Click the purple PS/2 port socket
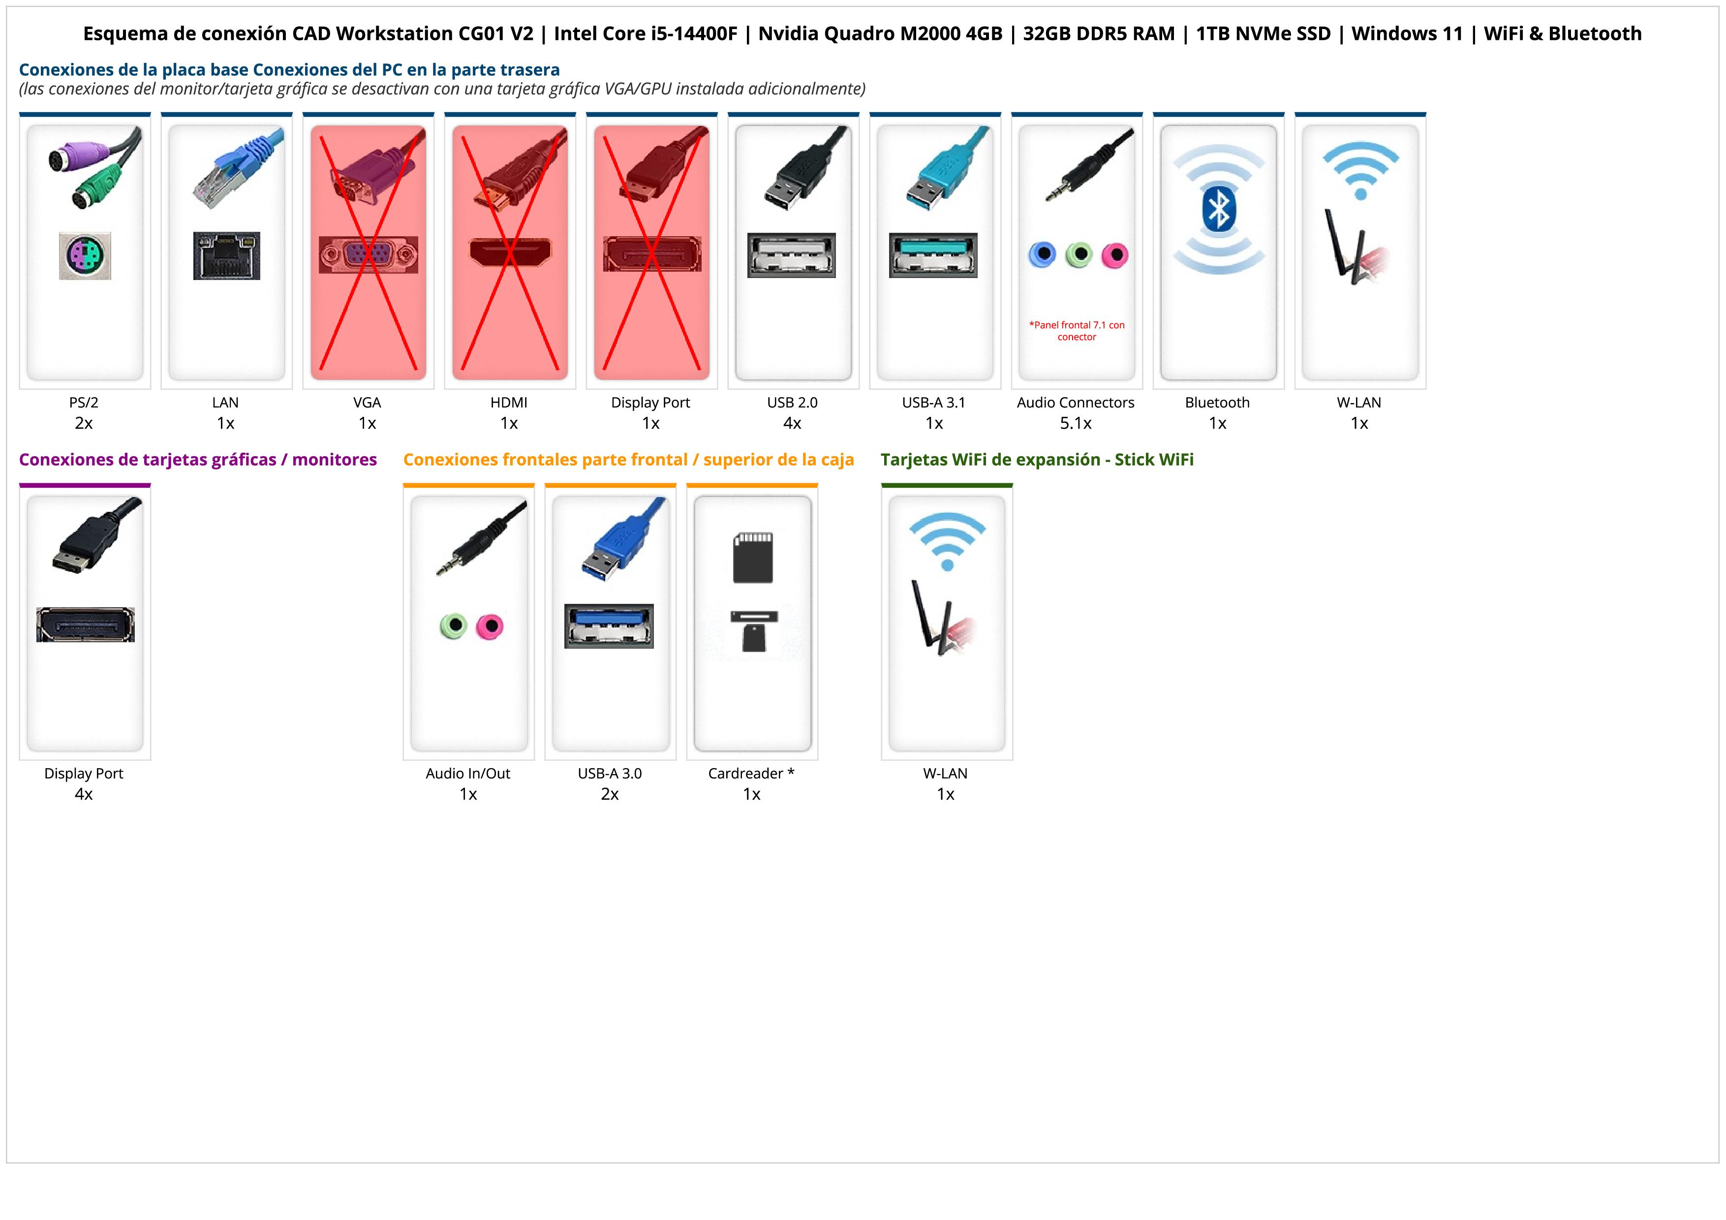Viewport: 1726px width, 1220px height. coord(85,255)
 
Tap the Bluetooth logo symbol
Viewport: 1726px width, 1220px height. coord(1218,209)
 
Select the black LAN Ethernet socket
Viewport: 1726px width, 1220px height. coord(226,255)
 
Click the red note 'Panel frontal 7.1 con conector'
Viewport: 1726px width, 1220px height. coord(1077,331)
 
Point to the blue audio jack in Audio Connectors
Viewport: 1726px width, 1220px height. coord(1042,255)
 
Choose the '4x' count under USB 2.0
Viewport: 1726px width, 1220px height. coord(792,423)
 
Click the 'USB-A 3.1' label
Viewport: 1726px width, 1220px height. coord(934,402)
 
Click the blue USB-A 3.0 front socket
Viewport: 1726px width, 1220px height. coord(609,626)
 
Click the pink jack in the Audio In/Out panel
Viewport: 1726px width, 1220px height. coord(490,626)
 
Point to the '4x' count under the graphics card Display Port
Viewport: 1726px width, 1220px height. coord(84,794)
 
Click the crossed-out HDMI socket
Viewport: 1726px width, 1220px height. coord(510,252)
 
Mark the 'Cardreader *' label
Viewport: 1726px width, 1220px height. coord(751,774)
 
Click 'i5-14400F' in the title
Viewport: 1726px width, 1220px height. coord(694,34)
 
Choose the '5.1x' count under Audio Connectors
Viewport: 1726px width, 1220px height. coord(1076,423)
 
